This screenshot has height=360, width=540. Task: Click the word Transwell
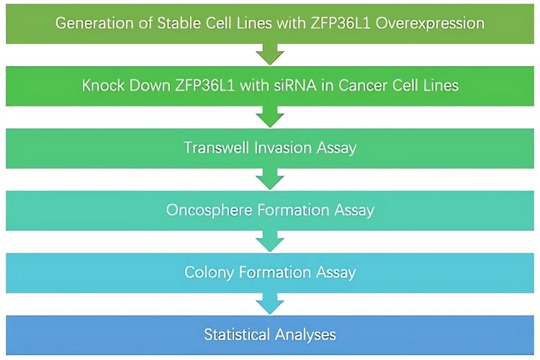click(215, 148)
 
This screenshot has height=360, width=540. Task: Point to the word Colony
click(207, 272)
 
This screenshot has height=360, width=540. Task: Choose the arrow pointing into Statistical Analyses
click(269, 303)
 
